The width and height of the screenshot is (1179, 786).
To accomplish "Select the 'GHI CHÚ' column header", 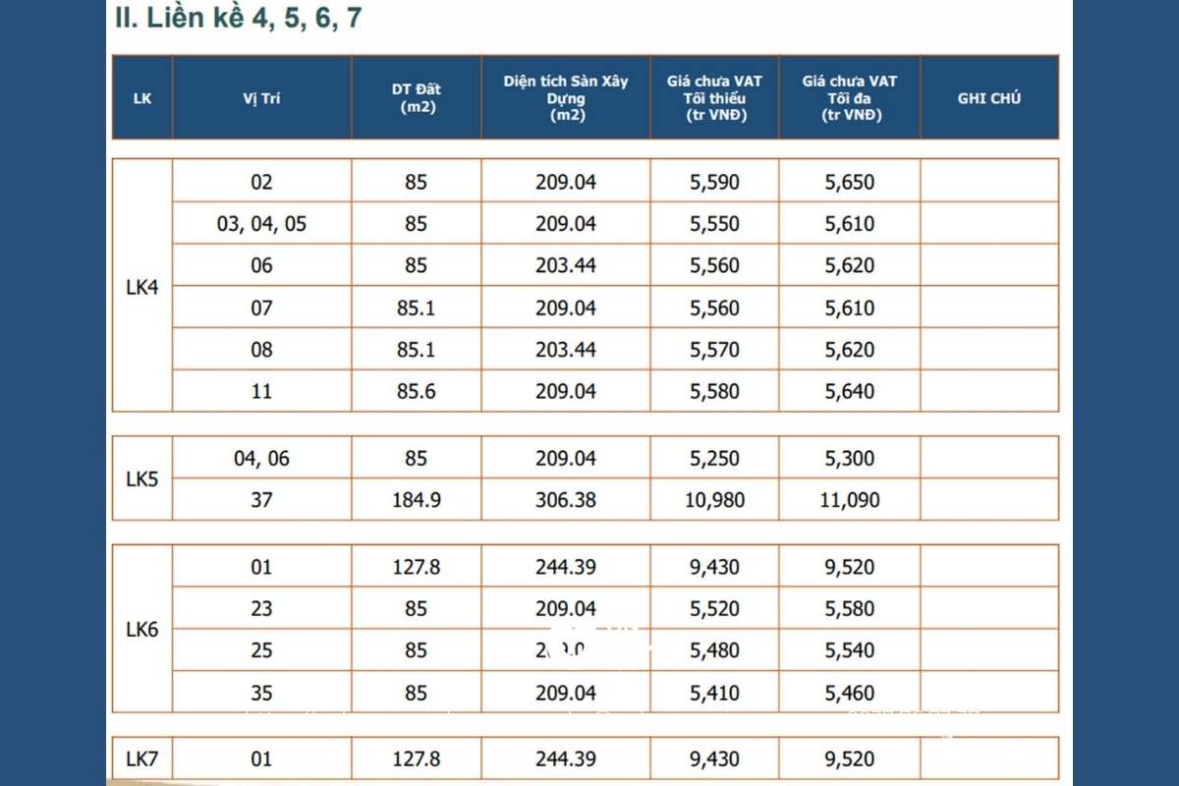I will pos(988,98).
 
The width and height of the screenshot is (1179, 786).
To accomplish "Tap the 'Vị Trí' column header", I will pos(261,98).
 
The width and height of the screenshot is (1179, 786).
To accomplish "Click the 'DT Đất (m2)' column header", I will pos(416,98).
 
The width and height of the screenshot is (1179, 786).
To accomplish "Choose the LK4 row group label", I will pos(142,287).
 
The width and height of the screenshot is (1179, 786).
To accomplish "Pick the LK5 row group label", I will pos(142,479).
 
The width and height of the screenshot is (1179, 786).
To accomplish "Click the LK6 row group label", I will pos(142,630).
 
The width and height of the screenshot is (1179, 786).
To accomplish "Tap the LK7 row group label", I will pos(142,758).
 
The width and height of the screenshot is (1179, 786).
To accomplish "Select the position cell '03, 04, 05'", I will pos(261,224).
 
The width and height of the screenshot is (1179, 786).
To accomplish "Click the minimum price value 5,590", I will pos(714,182).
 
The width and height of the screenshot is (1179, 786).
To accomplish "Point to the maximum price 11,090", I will pos(850,500).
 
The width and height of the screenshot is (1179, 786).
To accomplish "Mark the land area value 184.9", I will pos(416,500).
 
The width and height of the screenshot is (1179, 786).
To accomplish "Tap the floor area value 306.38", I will pos(565,500).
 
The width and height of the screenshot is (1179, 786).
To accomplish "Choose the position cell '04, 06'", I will pos(261,459).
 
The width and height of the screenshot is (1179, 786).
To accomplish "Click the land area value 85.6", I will pos(416,391).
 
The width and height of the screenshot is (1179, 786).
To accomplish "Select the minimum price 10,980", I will pos(714,500).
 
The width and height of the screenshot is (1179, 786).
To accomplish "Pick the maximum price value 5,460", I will pos(850,693).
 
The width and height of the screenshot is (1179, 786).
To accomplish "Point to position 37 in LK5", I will pos(261,500).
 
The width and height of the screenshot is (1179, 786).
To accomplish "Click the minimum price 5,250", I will pos(714,459).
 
